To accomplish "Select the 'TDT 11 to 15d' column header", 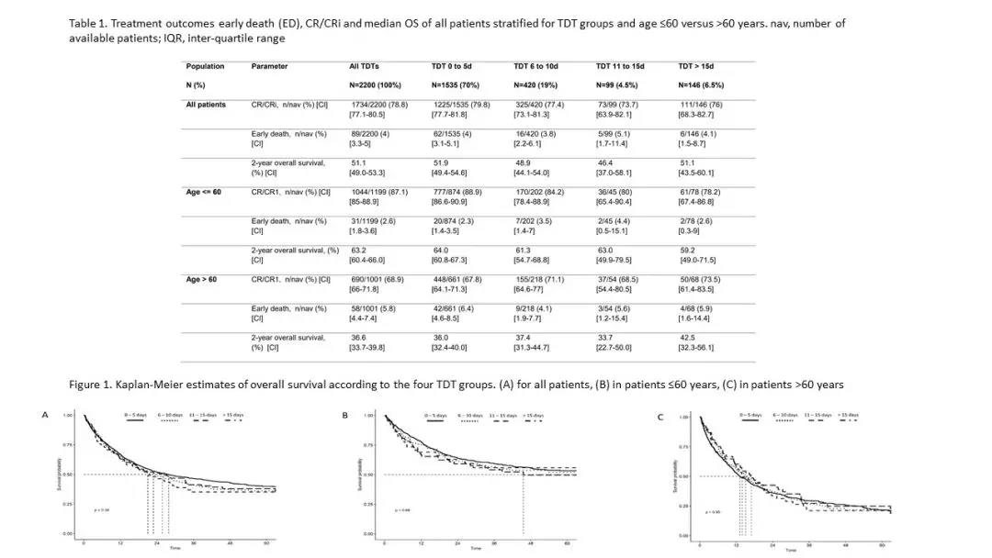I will [620, 66].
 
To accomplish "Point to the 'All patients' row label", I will [206, 105].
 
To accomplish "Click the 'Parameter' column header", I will [269, 66].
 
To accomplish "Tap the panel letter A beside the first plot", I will [45, 415].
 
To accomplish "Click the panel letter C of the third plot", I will [660, 417].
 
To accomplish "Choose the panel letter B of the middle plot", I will [344, 415].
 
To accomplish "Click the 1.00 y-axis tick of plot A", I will [68, 417].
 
